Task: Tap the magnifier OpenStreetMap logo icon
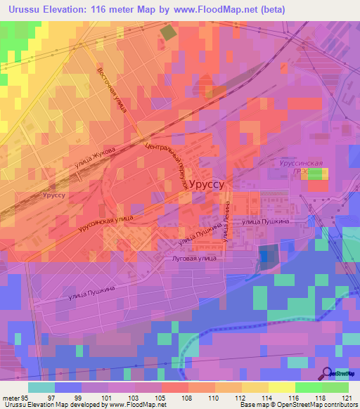pyautogui.click(x=326, y=375)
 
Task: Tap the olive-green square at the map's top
pyautogui.click(x=169, y=32)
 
